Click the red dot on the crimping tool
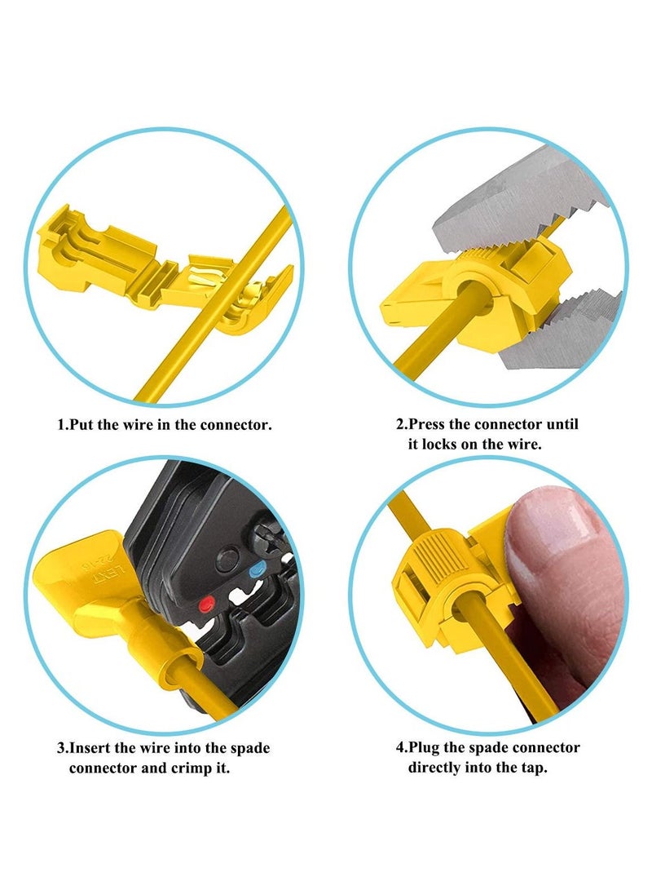click(207, 604)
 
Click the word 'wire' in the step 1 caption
click(137, 424)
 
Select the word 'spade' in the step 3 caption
click(250, 749)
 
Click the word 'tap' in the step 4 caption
click(533, 768)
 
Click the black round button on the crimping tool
click(227, 560)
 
